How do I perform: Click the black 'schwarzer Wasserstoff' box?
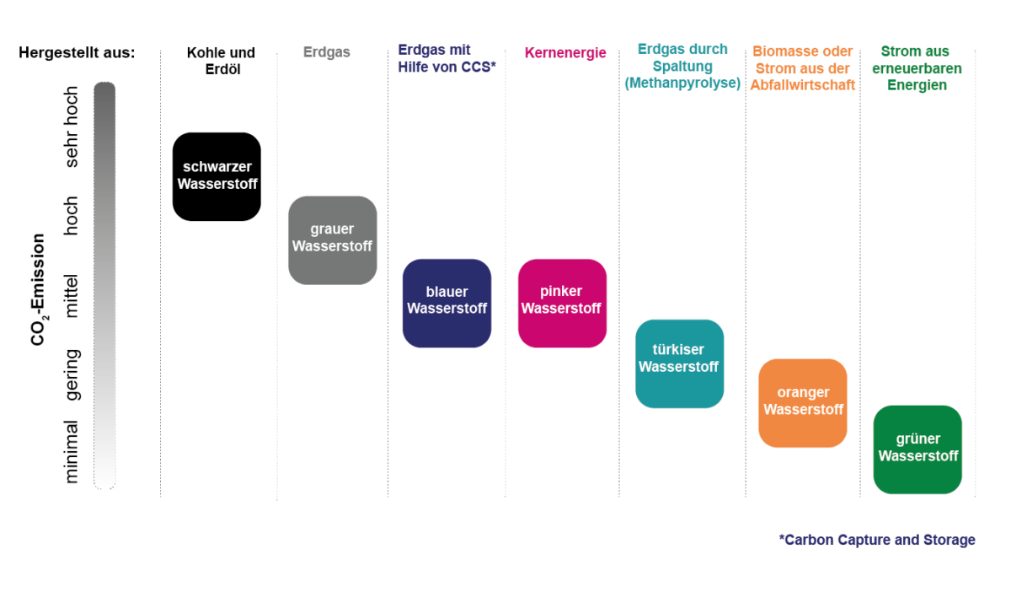click(x=217, y=176)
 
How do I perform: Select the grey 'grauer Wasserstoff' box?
click(x=332, y=240)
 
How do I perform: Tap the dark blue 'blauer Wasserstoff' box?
click(x=447, y=303)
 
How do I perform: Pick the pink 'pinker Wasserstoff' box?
click(x=562, y=303)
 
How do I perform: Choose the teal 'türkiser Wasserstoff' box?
click(x=679, y=363)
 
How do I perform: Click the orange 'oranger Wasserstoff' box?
click(x=802, y=403)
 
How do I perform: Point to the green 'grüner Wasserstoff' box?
click(x=917, y=449)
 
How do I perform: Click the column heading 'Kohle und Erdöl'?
click(x=221, y=61)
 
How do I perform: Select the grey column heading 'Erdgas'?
click(x=327, y=52)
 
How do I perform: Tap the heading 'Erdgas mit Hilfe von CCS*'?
click(x=447, y=58)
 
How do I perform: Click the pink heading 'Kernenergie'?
click(x=565, y=53)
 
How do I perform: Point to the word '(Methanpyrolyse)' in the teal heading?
click(x=682, y=83)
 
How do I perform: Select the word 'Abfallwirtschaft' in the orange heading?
click(x=803, y=85)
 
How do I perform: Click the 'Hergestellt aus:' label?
click(x=77, y=52)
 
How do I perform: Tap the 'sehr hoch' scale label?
click(x=72, y=126)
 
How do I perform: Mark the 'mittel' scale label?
click(x=72, y=295)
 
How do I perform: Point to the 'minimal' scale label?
click(x=72, y=451)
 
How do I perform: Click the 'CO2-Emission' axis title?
click(x=39, y=289)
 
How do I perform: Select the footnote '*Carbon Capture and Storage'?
click(x=877, y=540)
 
